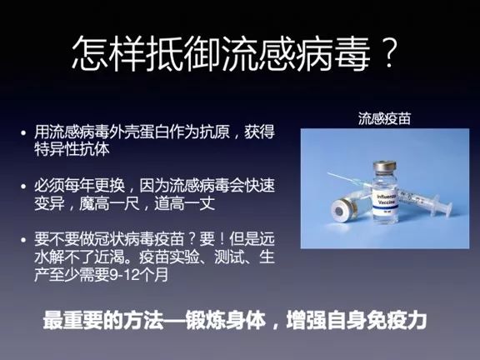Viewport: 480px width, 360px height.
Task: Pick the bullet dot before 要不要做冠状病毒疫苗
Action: tap(24, 239)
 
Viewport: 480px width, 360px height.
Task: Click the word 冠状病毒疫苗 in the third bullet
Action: tap(139, 239)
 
